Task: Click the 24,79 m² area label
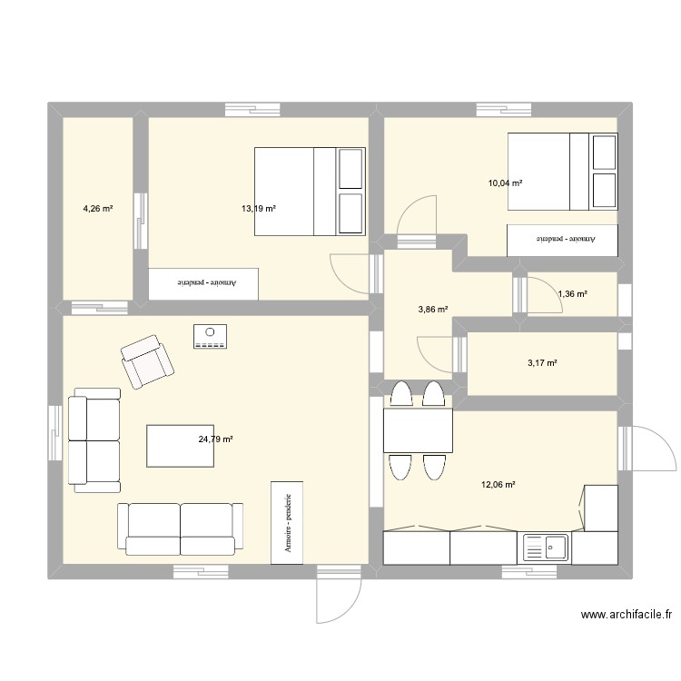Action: tap(215, 439)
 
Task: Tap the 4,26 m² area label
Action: tap(98, 209)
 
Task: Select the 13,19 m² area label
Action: tap(259, 209)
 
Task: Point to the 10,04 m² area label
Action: tap(505, 183)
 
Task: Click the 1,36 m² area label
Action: tap(573, 293)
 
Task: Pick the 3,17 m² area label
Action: tap(542, 362)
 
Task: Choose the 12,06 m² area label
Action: tap(498, 484)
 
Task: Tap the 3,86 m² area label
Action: tap(433, 310)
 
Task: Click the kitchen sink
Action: tap(546, 548)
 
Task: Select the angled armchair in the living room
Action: tap(147, 361)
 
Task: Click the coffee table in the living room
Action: tap(181, 446)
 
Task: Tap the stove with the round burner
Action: tap(211, 336)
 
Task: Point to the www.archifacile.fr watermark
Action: tap(627, 614)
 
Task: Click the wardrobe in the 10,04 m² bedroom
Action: tap(562, 241)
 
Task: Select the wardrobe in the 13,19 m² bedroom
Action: tap(203, 283)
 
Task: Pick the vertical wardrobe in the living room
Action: tap(287, 523)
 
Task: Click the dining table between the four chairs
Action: tap(418, 430)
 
